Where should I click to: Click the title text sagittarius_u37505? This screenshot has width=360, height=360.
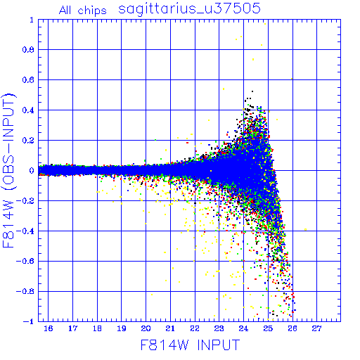[x=189, y=9]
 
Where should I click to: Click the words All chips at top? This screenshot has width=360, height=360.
[x=83, y=11]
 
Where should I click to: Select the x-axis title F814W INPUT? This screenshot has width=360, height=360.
[x=190, y=345]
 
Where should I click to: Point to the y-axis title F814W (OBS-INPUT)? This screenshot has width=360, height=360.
[x=8, y=170]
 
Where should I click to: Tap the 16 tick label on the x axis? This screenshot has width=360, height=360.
[x=49, y=328]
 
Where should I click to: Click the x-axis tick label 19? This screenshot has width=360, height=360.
[x=122, y=328]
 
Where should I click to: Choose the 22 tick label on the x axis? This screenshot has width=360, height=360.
[x=195, y=328]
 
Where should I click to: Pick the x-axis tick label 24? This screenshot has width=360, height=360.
[x=243, y=328]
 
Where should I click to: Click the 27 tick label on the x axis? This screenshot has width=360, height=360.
[x=317, y=328]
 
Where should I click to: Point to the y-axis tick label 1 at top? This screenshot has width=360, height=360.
[x=32, y=20]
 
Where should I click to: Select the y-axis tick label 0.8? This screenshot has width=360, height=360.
[x=28, y=50]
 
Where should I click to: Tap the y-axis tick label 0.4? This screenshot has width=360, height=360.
[x=28, y=110]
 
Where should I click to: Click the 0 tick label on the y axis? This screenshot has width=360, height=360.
[x=32, y=170]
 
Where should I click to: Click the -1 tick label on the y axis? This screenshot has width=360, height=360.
[x=29, y=321]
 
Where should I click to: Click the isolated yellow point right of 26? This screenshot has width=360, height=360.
[x=305, y=229]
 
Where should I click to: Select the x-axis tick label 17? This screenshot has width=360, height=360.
[x=72, y=328]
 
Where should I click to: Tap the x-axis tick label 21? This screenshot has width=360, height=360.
[x=170, y=328]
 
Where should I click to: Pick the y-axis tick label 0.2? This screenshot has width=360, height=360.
[x=28, y=141]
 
